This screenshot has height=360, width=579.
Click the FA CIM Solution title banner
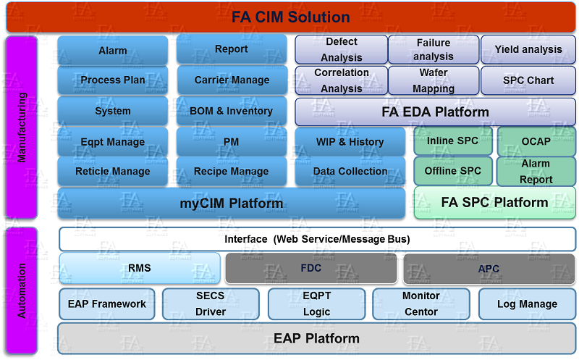tap(291, 17)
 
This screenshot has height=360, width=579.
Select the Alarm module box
tap(113, 50)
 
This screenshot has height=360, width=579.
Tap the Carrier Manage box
tap(232, 80)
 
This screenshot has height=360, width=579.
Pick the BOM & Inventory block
tap(232, 111)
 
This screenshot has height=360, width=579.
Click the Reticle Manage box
tap(113, 171)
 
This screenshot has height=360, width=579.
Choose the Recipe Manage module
tap(232, 171)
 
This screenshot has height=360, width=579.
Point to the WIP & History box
tap(350, 141)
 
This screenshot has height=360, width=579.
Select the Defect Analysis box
tap(342, 49)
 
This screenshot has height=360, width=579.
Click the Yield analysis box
tap(528, 49)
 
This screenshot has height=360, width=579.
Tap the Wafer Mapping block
tap(434, 80)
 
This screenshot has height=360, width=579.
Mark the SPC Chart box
tap(528, 80)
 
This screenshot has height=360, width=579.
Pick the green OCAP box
tap(536, 141)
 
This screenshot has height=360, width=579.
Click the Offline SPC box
tap(453, 171)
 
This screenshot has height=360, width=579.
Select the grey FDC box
tap(311, 268)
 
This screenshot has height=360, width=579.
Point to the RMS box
tap(140, 268)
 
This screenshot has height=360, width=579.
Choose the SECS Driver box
tap(211, 304)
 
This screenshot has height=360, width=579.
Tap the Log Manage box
tap(528, 304)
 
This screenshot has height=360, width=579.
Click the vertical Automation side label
tap(22, 291)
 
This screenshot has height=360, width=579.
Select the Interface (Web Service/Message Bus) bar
tap(317, 239)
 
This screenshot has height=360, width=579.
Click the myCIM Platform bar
tap(231, 203)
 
